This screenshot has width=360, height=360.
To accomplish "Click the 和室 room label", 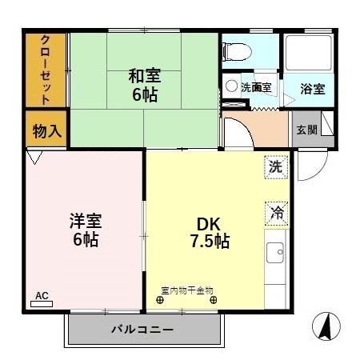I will coord(145,77).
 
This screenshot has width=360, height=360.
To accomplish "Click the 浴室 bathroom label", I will coord(313,89).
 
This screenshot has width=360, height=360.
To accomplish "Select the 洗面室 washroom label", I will coord(255,87).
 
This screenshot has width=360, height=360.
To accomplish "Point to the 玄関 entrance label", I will coord(306,130).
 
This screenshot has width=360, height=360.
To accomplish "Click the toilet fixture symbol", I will coord(238,50).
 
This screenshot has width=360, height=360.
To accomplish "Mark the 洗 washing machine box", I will coord(275,168).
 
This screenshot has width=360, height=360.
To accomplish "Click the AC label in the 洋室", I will coord(42,295).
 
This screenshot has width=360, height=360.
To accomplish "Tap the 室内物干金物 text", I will coord(187,290).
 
